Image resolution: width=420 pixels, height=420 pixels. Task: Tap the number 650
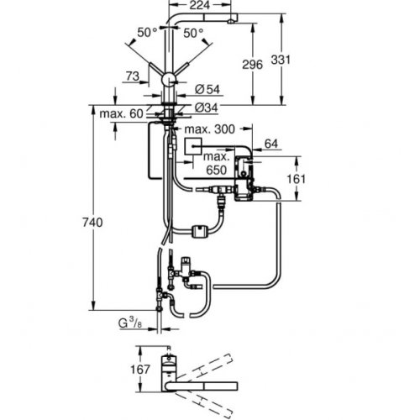[216, 168]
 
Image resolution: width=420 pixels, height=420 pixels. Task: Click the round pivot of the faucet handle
[169, 80]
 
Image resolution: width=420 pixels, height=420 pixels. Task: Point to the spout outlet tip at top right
[232, 17]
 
